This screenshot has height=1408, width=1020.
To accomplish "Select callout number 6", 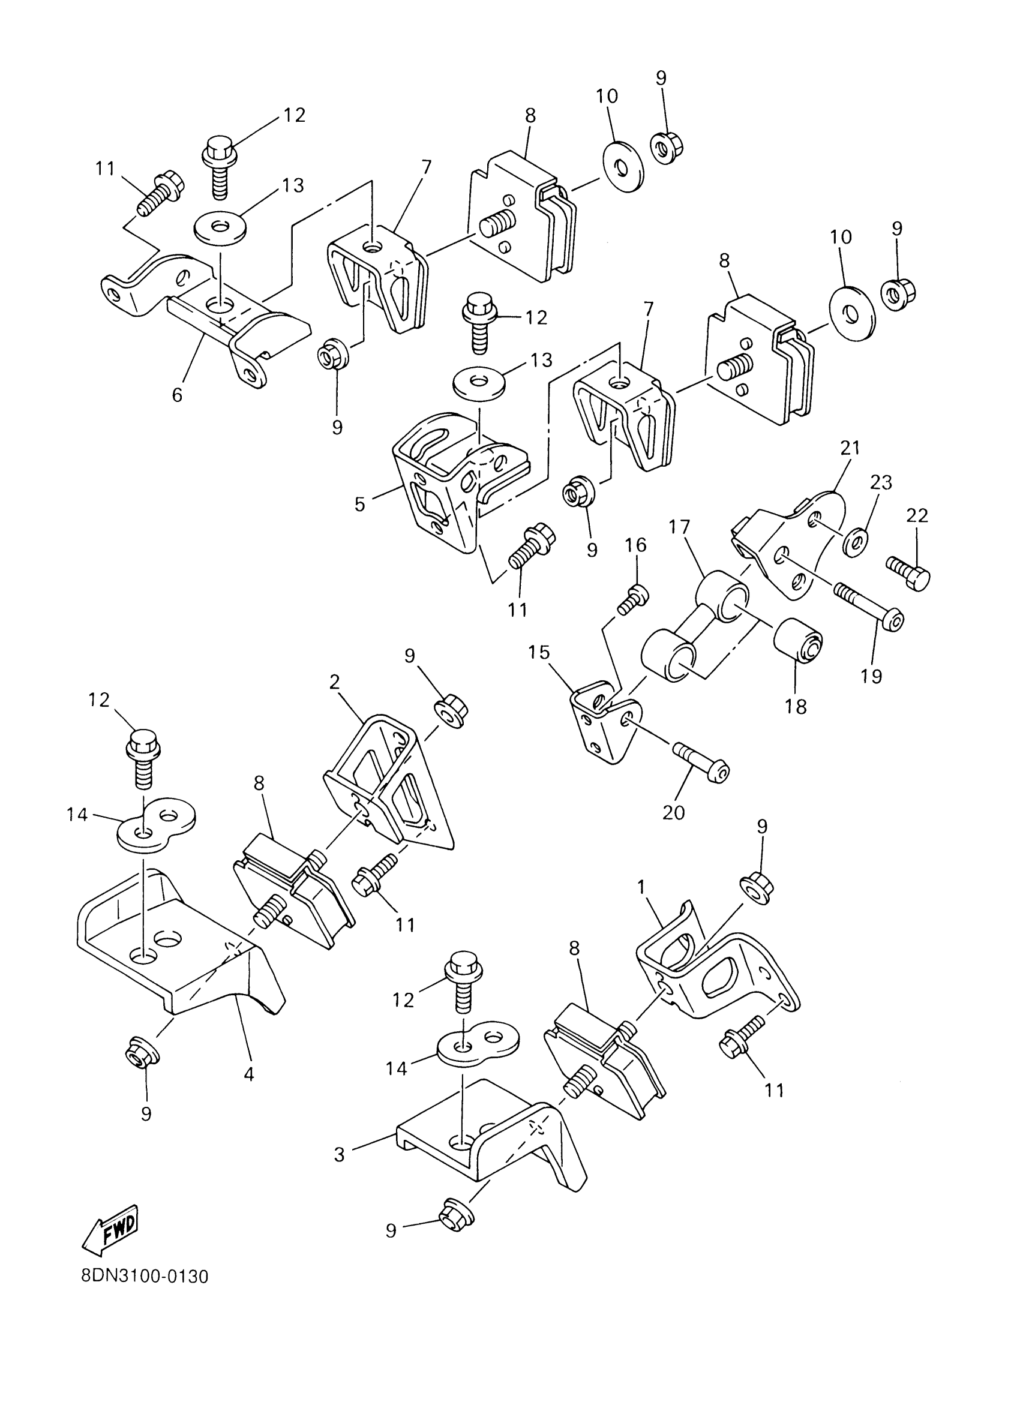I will click(178, 395).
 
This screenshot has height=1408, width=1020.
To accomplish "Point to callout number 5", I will click(360, 503).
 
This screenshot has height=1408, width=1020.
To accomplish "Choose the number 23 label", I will click(881, 482).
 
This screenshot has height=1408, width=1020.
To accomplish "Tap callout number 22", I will click(917, 515).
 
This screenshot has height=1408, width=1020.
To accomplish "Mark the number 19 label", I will click(872, 676).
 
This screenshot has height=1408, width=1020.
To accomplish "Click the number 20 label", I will click(674, 812).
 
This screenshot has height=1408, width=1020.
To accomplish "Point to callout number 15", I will click(539, 653).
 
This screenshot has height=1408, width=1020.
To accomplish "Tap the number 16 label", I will click(635, 545).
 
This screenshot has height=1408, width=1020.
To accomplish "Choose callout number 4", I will click(249, 1073).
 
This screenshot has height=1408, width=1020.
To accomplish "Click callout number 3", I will click(339, 1155).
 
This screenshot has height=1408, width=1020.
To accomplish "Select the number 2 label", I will click(335, 682).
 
